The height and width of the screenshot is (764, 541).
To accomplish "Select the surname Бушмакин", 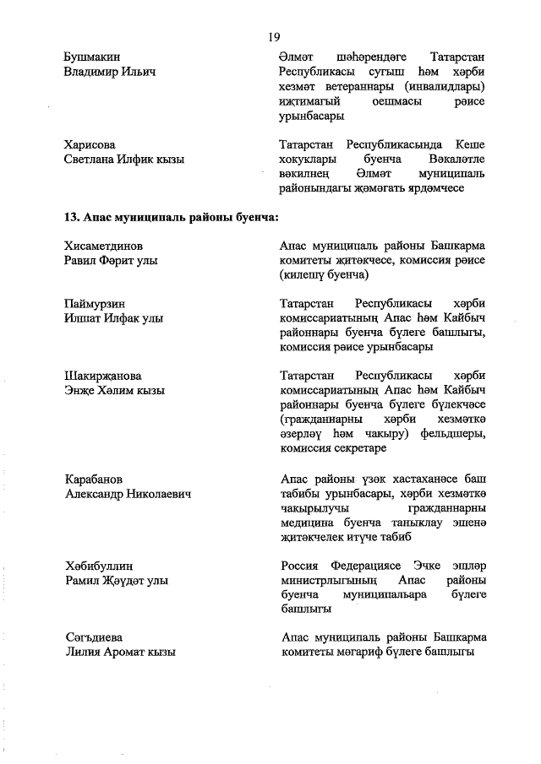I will (92, 57).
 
